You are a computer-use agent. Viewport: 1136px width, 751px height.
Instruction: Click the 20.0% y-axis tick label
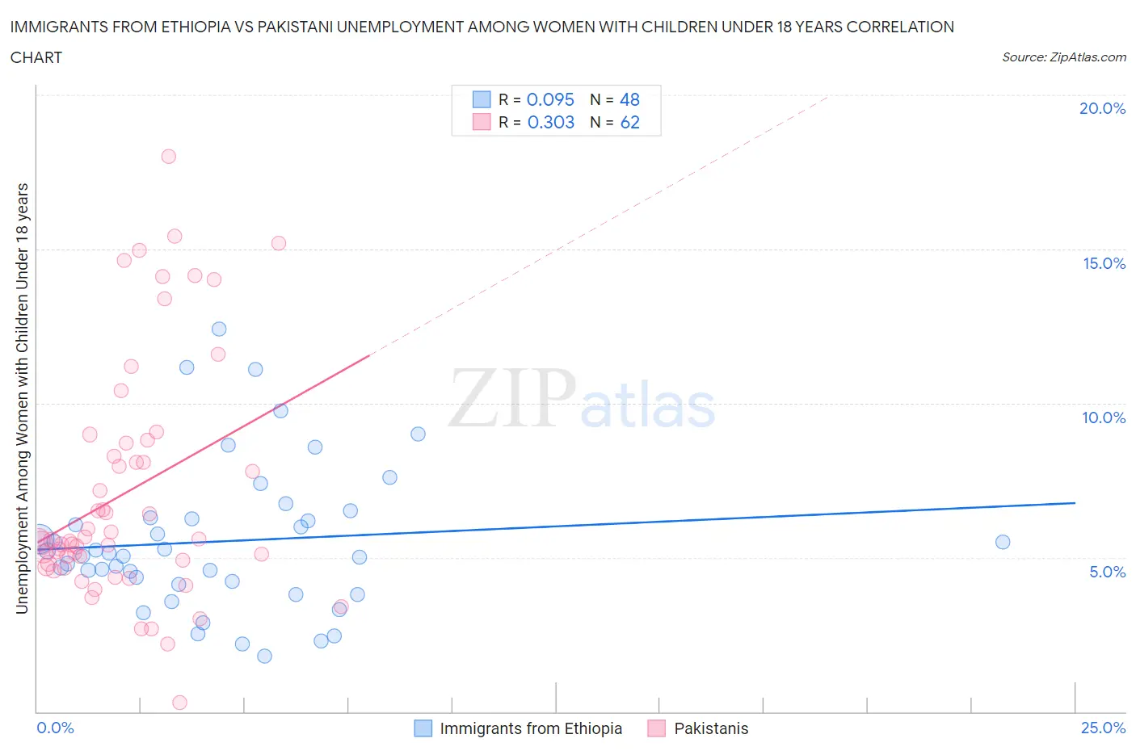1102,108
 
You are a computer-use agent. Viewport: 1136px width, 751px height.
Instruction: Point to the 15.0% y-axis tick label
1104,263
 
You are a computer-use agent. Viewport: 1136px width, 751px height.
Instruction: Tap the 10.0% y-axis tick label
1104,417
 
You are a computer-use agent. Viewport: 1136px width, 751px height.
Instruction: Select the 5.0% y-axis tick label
1107,572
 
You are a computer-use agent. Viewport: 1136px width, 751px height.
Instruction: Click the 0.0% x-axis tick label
55,728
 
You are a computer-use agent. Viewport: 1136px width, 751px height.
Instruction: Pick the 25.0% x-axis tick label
1103,728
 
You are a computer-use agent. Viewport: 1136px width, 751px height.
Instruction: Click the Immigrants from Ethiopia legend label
531,728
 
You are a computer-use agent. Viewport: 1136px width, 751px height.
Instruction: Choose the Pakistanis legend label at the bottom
711,728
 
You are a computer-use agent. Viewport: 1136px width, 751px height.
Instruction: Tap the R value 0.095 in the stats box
550,99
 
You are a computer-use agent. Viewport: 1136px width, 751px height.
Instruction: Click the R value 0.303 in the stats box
550,122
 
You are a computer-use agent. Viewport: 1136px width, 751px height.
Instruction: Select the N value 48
629,99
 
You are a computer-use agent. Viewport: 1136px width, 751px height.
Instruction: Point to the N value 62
629,122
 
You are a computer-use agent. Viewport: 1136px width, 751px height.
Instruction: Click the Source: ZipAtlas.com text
1063,57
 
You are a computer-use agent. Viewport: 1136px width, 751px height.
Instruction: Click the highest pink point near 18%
168,157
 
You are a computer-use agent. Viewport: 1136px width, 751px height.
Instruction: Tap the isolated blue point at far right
1003,542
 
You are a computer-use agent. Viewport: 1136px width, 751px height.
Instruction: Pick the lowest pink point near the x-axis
179,703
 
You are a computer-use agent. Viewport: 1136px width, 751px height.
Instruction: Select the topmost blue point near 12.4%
219,329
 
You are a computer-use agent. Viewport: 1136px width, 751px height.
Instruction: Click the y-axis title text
23,398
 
